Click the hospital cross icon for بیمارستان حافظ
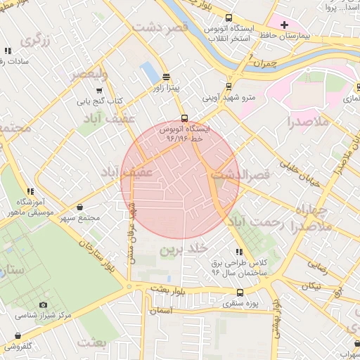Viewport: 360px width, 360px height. coord(284,25)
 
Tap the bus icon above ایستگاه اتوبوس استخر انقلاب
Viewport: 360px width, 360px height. coord(229,19)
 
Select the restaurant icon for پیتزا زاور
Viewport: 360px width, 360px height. coord(166,77)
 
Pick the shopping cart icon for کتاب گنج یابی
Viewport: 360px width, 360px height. coord(99,90)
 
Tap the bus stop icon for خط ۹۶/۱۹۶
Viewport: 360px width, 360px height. coord(184,118)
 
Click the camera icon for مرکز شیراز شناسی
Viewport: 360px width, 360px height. coord(44,304)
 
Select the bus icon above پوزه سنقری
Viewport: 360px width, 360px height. coord(240,292)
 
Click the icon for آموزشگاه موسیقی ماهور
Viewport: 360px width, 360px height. coord(30,191)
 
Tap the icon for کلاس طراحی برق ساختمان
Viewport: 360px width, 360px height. coord(240,252)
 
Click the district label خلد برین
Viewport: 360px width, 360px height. coord(185,249)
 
